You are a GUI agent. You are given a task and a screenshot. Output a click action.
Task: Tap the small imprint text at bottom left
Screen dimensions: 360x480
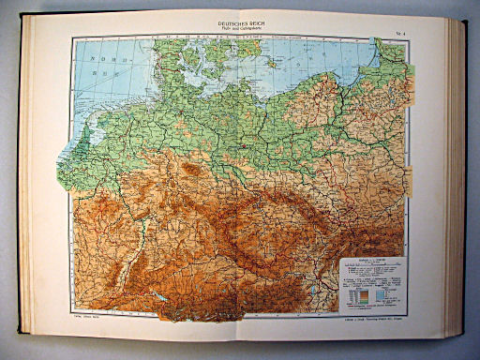click(x=90, y=317)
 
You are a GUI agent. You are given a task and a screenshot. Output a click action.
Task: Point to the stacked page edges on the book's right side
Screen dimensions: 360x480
click(x=458, y=178)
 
